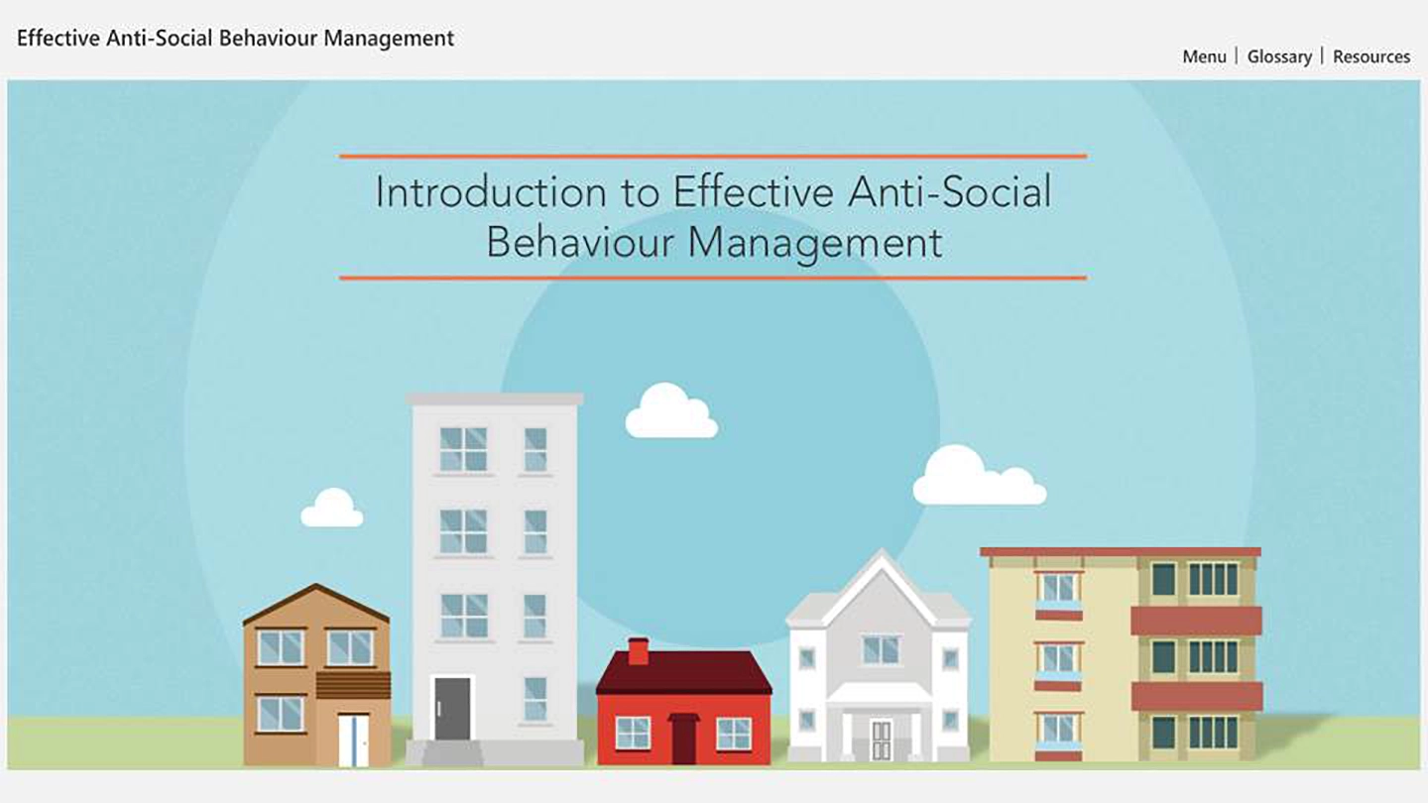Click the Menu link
tap(1204, 57)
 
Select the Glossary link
tap(1279, 57)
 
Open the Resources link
tap(1371, 57)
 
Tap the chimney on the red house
tap(639, 650)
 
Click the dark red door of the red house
tap(683, 740)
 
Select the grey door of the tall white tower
tap(452, 708)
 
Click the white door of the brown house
tap(353, 740)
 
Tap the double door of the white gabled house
tap(881, 740)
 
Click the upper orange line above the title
tap(712, 156)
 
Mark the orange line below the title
tap(712, 278)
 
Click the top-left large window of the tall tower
tap(463, 449)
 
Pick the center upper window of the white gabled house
tap(881, 649)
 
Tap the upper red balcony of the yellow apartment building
tap(1196, 621)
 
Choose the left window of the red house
tap(633, 733)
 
